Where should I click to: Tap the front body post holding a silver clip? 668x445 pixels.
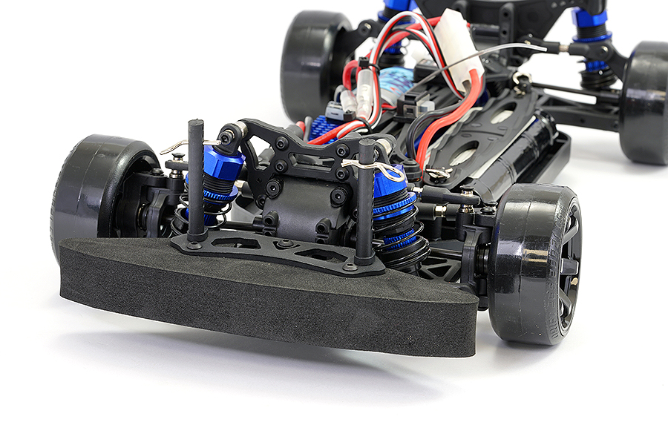click(x=366, y=200)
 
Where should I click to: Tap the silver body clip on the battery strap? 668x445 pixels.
click(x=439, y=173)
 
